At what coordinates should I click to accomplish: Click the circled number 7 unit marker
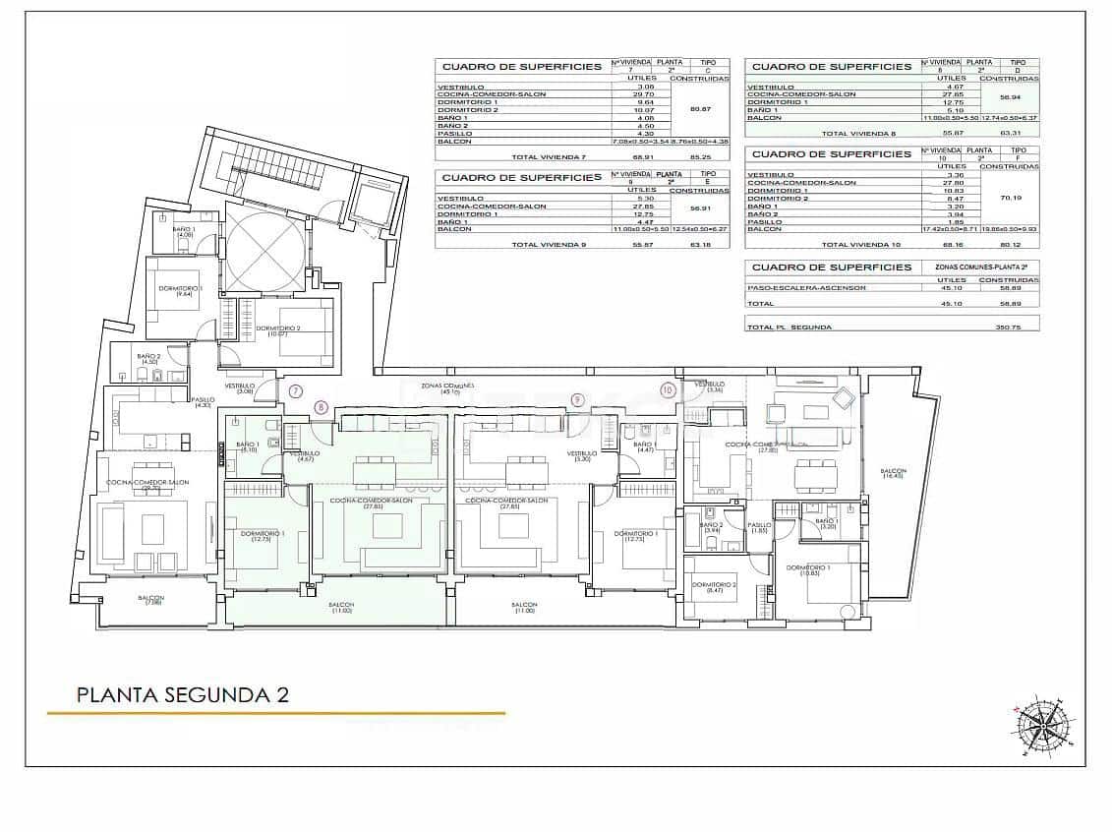pyautogui.click(x=296, y=390)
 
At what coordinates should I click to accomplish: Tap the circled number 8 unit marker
pyautogui.click(x=321, y=405)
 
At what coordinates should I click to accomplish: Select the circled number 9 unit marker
pyautogui.click(x=577, y=398)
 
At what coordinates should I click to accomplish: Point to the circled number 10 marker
pyautogui.click(x=669, y=390)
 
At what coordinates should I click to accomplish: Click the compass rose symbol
pyautogui.click(x=1043, y=728)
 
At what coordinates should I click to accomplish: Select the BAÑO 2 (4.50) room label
pyautogui.click(x=148, y=359)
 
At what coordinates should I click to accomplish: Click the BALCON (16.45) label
pyautogui.click(x=894, y=474)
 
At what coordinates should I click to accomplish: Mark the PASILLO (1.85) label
pyautogui.click(x=759, y=528)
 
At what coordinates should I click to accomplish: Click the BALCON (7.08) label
pyautogui.click(x=150, y=600)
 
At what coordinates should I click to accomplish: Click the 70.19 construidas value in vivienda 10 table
pyautogui.click(x=1011, y=198)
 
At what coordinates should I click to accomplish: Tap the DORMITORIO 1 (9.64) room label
pyautogui.click(x=181, y=290)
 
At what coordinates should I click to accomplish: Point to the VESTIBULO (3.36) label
pyautogui.click(x=710, y=386)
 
